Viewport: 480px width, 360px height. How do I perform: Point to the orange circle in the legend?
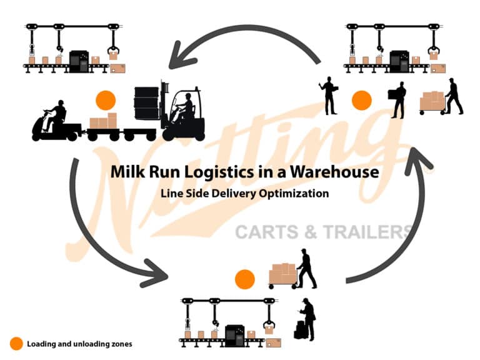click(x=16, y=344)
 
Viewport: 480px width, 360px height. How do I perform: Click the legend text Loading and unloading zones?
click(x=79, y=344)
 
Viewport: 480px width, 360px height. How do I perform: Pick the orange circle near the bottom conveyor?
click(x=244, y=279)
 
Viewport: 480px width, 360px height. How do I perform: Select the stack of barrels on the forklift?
click(x=147, y=103)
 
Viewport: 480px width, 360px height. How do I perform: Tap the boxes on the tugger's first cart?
click(x=104, y=121)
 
